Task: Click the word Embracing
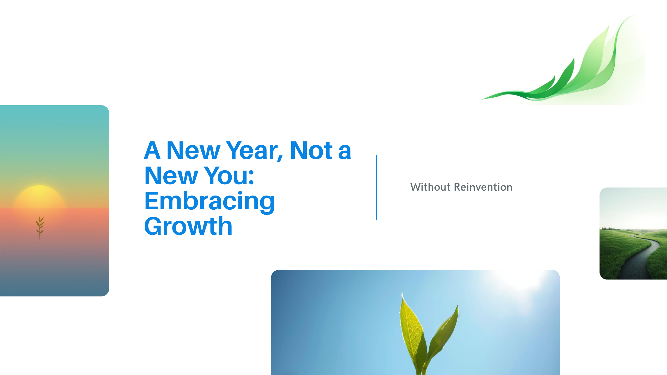click(x=209, y=201)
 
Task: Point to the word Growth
click(x=188, y=226)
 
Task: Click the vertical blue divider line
click(x=376, y=187)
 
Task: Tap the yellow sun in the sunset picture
click(x=39, y=197)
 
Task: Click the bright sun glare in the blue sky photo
click(x=518, y=281)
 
